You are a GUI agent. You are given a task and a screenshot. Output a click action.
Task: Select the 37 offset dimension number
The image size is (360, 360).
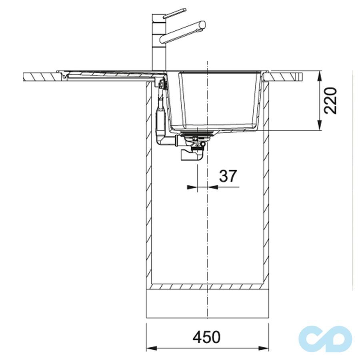(228, 176)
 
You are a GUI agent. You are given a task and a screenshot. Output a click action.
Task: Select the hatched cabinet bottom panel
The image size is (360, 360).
(206, 286)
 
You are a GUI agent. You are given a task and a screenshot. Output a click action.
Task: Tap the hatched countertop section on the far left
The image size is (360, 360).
(40, 76)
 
